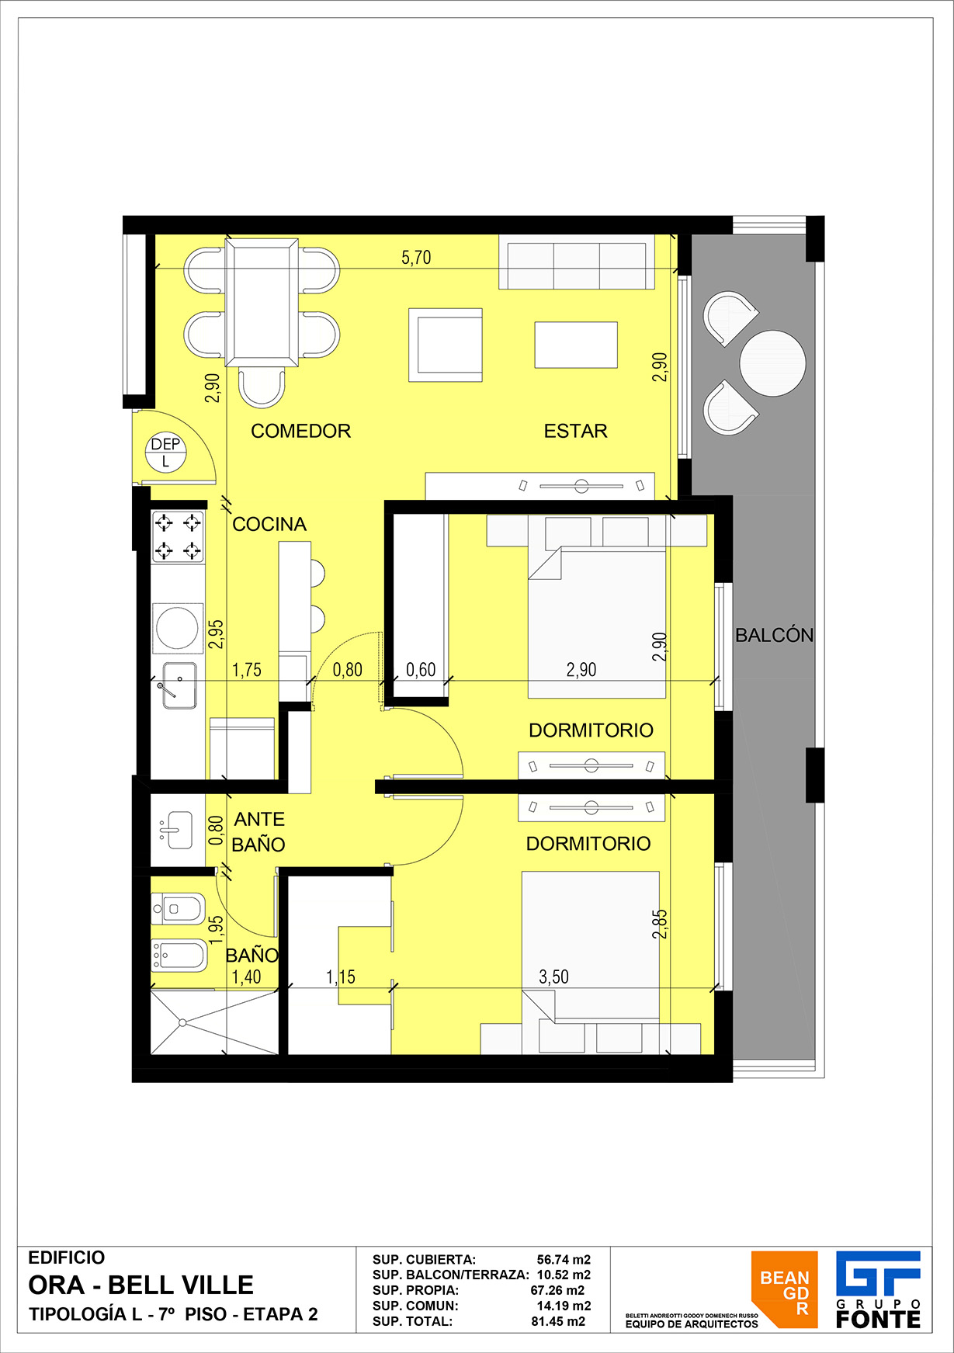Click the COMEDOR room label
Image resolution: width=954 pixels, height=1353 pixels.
click(x=300, y=431)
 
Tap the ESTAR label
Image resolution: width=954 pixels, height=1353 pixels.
click(x=575, y=431)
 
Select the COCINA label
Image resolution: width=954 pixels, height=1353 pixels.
click(x=269, y=524)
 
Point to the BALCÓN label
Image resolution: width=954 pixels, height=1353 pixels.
click(x=774, y=635)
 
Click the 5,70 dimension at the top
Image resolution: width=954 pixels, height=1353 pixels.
click(x=416, y=258)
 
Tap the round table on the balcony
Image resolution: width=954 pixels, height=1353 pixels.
click(x=772, y=363)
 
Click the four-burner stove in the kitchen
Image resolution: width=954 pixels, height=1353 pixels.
click(x=178, y=536)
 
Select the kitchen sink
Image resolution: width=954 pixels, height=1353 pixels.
click(x=179, y=685)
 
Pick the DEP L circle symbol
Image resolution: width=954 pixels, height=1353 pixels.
click(x=165, y=452)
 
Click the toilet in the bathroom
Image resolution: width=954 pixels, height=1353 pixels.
click(x=178, y=908)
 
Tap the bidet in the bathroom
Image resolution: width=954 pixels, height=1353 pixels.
click(x=179, y=956)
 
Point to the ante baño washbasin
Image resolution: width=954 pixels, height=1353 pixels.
click(x=175, y=831)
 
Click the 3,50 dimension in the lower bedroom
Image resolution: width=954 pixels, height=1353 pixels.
click(x=553, y=977)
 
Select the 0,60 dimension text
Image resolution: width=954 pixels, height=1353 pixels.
click(x=421, y=669)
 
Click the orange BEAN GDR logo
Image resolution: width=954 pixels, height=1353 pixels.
click(x=784, y=1289)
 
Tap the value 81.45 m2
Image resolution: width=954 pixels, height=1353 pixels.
click(x=558, y=1321)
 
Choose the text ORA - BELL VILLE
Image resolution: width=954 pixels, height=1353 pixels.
click(x=140, y=1285)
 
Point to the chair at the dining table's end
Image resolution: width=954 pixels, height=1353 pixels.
click(x=262, y=387)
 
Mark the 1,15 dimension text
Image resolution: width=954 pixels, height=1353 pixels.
click(x=340, y=977)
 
